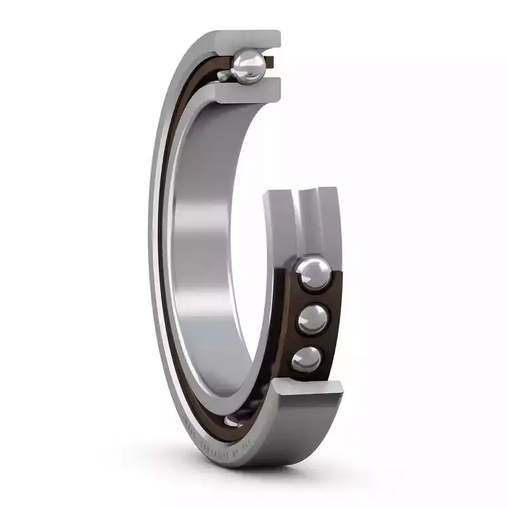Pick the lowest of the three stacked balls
coord(307,359)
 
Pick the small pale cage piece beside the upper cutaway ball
coord(224,76)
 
